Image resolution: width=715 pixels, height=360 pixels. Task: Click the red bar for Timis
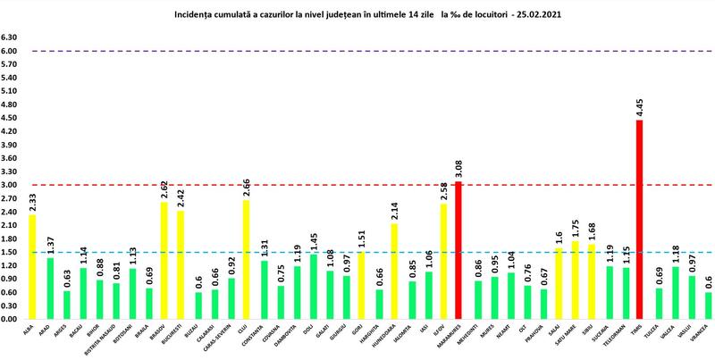point(638,219)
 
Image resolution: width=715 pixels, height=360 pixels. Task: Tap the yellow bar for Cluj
point(245,259)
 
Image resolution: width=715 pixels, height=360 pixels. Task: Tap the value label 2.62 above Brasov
point(164,189)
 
